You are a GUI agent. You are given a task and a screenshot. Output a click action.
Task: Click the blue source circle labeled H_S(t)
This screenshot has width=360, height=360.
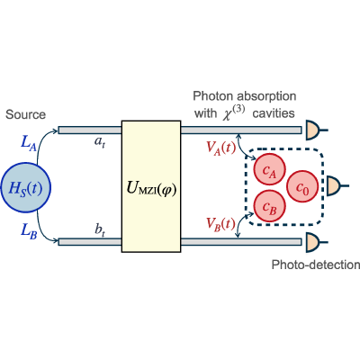click(x=25, y=188)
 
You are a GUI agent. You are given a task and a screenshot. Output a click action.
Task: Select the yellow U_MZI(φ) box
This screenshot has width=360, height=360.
click(x=151, y=186)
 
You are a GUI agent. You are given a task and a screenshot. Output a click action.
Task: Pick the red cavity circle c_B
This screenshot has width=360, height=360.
click(x=269, y=206)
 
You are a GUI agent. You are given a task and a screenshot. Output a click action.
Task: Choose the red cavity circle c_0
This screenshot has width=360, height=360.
click(x=302, y=187)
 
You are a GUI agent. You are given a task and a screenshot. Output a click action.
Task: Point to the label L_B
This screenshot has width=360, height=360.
click(x=29, y=231)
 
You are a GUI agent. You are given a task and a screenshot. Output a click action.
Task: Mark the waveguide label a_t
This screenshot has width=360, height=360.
click(x=100, y=142)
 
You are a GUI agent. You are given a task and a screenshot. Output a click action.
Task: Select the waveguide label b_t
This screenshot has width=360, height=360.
click(x=100, y=230)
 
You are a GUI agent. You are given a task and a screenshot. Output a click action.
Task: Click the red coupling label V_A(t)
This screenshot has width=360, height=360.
click(x=221, y=148)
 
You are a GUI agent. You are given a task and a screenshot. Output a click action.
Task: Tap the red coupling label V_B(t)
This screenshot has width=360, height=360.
click(x=220, y=224)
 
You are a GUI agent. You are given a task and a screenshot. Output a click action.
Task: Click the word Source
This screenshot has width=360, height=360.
click(x=25, y=114)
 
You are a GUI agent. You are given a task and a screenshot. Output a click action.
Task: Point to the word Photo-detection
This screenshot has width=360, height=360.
click(x=316, y=265)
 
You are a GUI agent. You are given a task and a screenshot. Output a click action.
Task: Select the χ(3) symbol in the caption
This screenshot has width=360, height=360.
click(x=234, y=113)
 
